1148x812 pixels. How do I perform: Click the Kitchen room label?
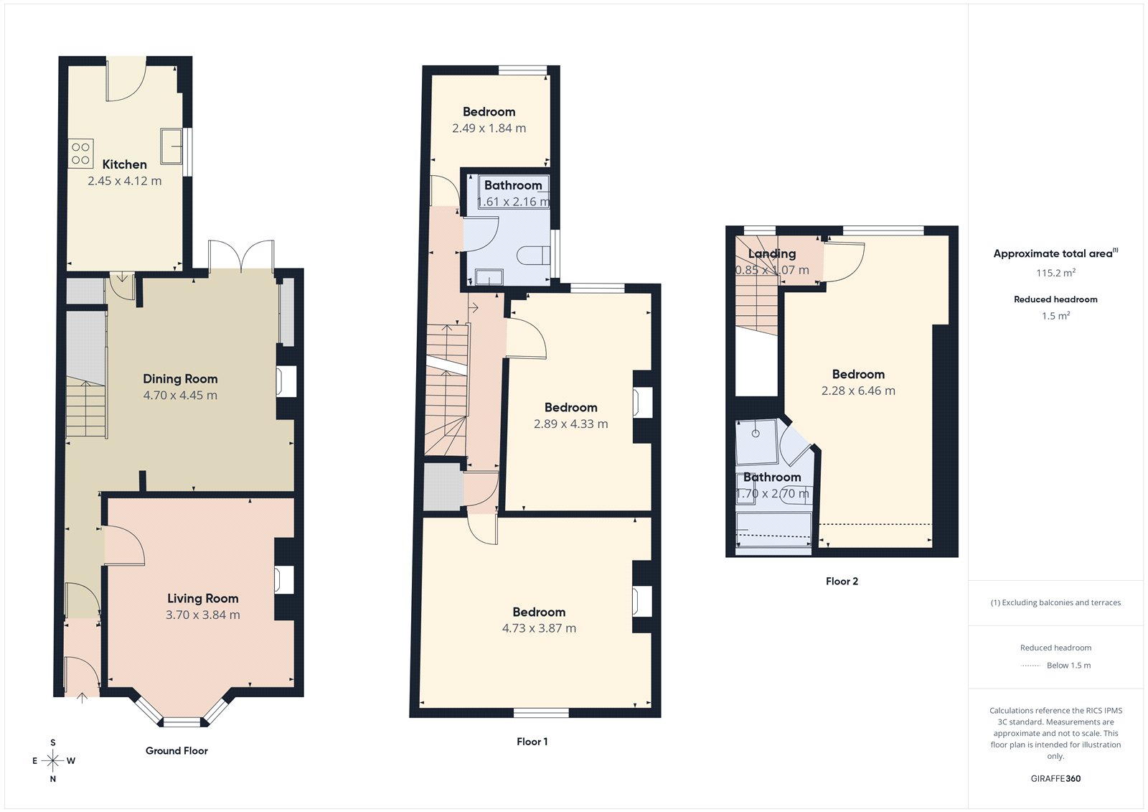[x=124, y=164]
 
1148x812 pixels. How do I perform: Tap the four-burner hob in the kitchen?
[x=80, y=153]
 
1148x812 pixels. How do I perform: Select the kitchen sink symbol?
[x=171, y=146]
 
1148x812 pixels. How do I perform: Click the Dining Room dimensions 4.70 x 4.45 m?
[x=180, y=396]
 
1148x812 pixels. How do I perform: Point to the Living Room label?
[x=202, y=598]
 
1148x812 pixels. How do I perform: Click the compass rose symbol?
[x=52, y=760]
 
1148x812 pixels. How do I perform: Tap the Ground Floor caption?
[x=177, y=751]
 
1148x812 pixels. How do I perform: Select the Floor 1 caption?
[x=532, y=742]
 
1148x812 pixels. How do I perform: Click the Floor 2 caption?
[x=842, y=582]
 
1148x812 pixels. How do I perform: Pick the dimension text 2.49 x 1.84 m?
[x=489, y=129]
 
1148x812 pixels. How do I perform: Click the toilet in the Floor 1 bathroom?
[x=535, y=255]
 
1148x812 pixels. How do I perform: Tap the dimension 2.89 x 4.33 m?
[x=570, y=424]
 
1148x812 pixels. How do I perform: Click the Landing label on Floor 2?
[x=772, y=253]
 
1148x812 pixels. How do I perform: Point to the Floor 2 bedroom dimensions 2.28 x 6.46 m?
[x=858, y=391]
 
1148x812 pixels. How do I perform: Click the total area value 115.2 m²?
[x=1055, y=273]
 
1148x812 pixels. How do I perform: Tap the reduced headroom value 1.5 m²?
[x=1055, y=316]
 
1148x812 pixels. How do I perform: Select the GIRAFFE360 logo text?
[x=1055, y=778]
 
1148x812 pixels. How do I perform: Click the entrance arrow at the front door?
[x=82, y=696]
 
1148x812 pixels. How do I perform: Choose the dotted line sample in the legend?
[x=1030, y=666]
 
